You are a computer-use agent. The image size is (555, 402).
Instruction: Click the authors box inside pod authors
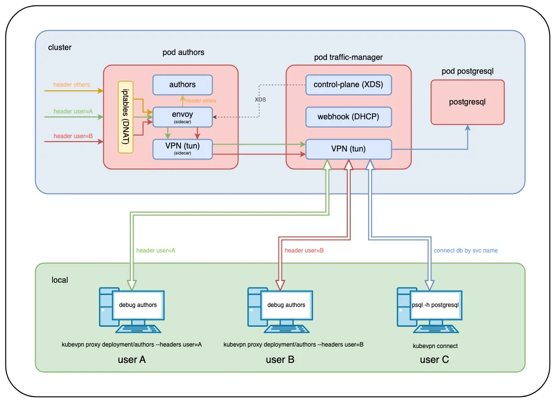pyautogui.click(x=183, y=85)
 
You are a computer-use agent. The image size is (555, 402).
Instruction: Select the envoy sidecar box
pyautogui.click(x=183, y=116)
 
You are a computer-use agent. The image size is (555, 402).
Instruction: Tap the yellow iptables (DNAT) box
pyautogui.click(x=126, y=116)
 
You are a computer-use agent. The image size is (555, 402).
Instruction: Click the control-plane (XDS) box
pyautogui.click(x=349, y=85)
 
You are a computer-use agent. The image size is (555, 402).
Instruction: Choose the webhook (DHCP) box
pyautogui.click(x=349, y=117)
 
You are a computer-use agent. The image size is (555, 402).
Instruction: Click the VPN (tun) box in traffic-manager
pyautogui.click(x=349, y=149)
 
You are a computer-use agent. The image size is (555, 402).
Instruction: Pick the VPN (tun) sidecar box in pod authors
pyautogui.click(x=183, y=149)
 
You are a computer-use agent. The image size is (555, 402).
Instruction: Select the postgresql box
pyautogui.click(x=467, y=102)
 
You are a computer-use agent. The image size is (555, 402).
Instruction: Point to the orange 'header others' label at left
pyautogui.click(x=72, y=85)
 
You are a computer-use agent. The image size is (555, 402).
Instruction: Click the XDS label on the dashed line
pyautogui.click(x=260, y=100)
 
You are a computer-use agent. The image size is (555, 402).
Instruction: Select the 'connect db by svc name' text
pyautogui.click(x=465, y=251)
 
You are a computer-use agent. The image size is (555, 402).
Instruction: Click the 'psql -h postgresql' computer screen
pyautogui.click(x=435, y=305)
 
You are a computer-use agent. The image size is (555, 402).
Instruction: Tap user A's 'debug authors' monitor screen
pyautogui.click(x=138, y=305)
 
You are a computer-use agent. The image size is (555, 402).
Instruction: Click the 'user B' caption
pyautogui.click(x=280, y=359)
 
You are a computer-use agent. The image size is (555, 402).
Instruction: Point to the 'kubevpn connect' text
pyautogui.click(x=435, y=346)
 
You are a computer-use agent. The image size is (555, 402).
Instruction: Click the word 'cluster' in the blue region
pyautogui.click(x=60, y=48)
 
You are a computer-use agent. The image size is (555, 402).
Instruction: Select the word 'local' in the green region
pyautogui.click(x=60, y=280)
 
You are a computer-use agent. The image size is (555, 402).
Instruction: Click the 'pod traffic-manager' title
pyautogui.click(x=348, y=57)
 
